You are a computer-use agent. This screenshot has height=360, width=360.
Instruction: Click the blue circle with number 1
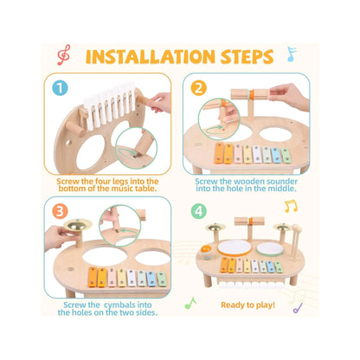60,88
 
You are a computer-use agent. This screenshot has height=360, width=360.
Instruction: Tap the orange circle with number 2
199,87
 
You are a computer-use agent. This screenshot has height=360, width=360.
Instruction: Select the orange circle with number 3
60,211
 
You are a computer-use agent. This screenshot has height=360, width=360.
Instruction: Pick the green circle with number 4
199,211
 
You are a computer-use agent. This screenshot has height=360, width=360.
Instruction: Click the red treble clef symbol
63,55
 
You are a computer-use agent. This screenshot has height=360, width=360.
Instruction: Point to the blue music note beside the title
292,55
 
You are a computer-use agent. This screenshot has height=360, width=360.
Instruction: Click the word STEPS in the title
247,56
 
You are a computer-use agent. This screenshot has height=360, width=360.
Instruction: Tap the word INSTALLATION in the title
151,56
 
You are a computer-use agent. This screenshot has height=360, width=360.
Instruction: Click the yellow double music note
291,206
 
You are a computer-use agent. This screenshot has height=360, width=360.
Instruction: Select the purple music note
298,308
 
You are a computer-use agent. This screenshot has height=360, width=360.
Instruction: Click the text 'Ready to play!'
247,305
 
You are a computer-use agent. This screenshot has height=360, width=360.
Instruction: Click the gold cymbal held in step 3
77,224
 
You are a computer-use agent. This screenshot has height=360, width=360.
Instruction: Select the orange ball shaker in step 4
207,250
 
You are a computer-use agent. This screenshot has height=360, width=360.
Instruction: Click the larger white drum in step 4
235,247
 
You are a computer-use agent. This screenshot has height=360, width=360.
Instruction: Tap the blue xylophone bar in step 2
276,155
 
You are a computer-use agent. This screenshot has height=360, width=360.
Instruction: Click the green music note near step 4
190,303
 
